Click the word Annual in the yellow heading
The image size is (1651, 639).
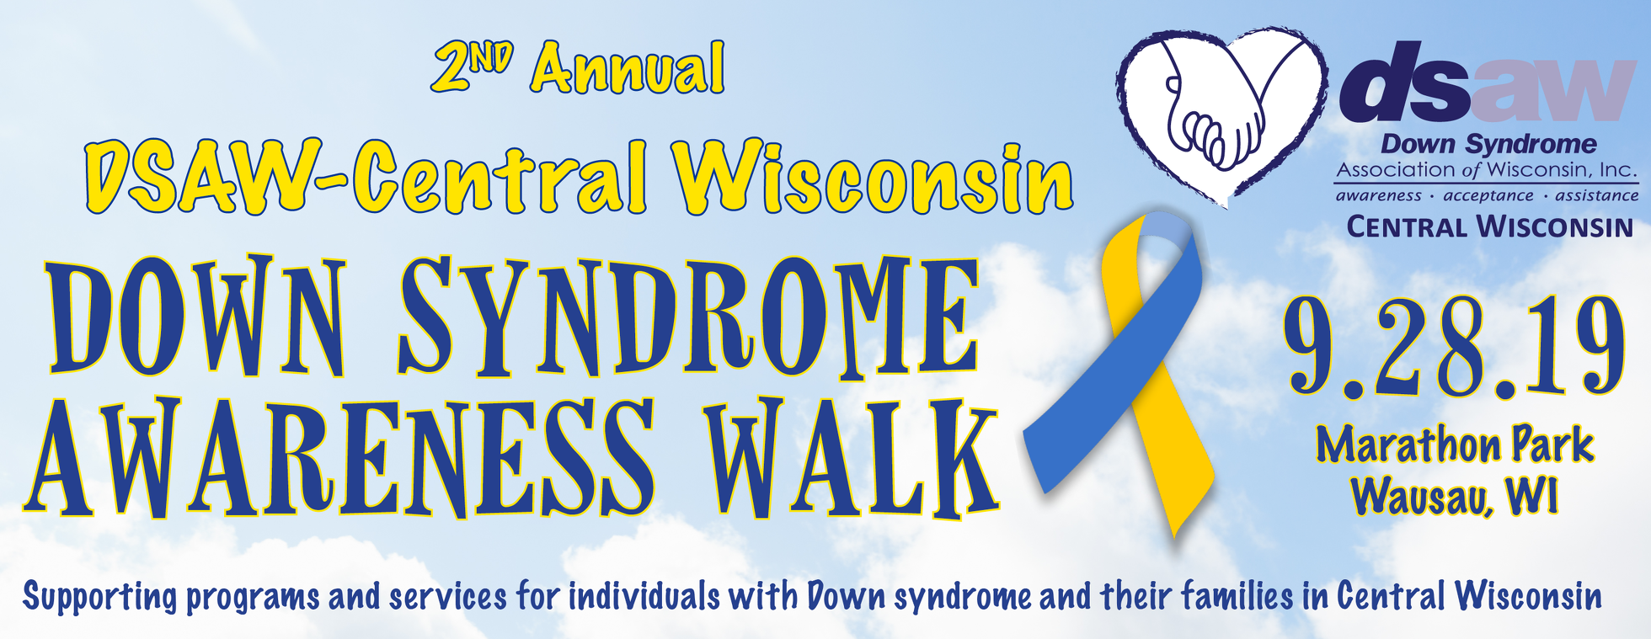628,69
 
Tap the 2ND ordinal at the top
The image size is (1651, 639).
473,67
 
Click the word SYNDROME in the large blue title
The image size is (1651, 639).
687,316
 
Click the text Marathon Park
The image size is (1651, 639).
1455,445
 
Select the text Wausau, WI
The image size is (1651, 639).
1455,496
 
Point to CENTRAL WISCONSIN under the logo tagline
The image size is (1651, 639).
1489,226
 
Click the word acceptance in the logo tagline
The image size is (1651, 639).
1488,196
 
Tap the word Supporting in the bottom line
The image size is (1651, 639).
99,596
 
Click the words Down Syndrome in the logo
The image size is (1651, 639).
1488,144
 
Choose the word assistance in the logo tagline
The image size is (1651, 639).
1596,196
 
